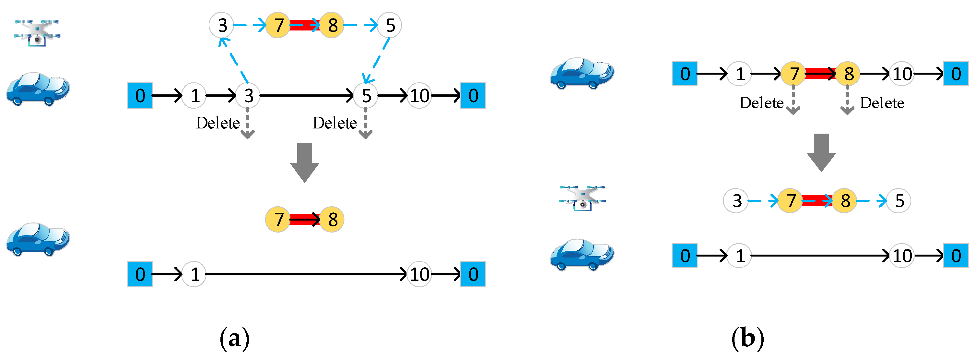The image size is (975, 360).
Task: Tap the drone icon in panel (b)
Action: pos(582,198)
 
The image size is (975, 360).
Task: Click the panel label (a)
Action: pos(234,338)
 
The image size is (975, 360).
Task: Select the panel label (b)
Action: pos(747,338)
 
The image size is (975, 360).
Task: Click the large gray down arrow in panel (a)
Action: pos(304,162)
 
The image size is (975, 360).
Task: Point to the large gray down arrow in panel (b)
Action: pos(821,152)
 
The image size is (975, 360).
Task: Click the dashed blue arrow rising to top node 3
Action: pos(233,60)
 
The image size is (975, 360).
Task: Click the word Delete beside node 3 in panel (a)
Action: pos(217,123)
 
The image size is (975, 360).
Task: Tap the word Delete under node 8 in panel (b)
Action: pos(882,103)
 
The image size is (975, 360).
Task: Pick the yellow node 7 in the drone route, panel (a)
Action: pos(278,25)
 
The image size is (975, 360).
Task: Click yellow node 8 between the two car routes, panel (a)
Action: pos(332,220)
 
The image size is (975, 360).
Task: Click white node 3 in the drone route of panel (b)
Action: pos(736,201)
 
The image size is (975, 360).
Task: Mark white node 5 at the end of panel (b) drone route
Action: pos(899,201)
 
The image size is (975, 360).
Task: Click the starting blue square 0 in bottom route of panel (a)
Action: pos(140,274)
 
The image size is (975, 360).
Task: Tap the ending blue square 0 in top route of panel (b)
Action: pos(955,74)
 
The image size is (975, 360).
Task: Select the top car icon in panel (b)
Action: pos(581,73)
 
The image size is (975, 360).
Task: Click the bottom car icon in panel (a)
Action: pos(38,239)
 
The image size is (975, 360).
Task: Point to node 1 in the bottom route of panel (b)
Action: pos(740,256)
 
